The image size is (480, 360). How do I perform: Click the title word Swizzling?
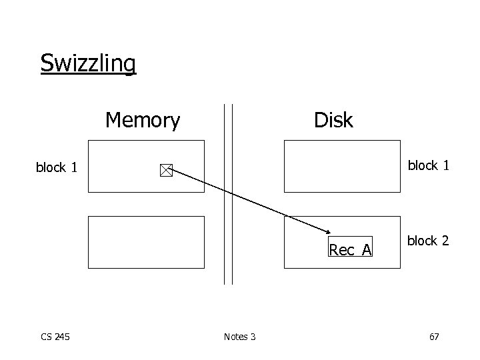coord(88,63)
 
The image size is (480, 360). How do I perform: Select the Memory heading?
coord(143,121)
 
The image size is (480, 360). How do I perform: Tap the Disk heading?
coord(333,121)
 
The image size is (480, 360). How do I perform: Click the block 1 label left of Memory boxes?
coord(60,168)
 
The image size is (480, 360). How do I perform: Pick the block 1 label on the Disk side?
coord(428,165)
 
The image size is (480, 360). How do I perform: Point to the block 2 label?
coord(428,241)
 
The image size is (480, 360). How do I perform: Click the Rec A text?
coord(351,250)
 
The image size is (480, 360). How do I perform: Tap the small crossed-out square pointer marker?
coord(165,171)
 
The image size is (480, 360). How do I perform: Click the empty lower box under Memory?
coord(146,241)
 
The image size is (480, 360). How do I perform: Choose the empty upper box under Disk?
coord(342,166)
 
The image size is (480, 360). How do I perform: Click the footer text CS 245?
coord(55,337)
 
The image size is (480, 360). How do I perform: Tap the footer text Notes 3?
coord(239,337)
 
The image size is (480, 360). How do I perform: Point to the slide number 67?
coord(433,337)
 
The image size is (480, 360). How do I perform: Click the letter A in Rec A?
coord(367,250)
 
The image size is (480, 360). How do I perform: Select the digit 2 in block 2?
coord(445,241)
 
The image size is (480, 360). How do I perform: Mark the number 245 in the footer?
coord(62,337)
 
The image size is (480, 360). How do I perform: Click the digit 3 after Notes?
coord(253,337)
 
